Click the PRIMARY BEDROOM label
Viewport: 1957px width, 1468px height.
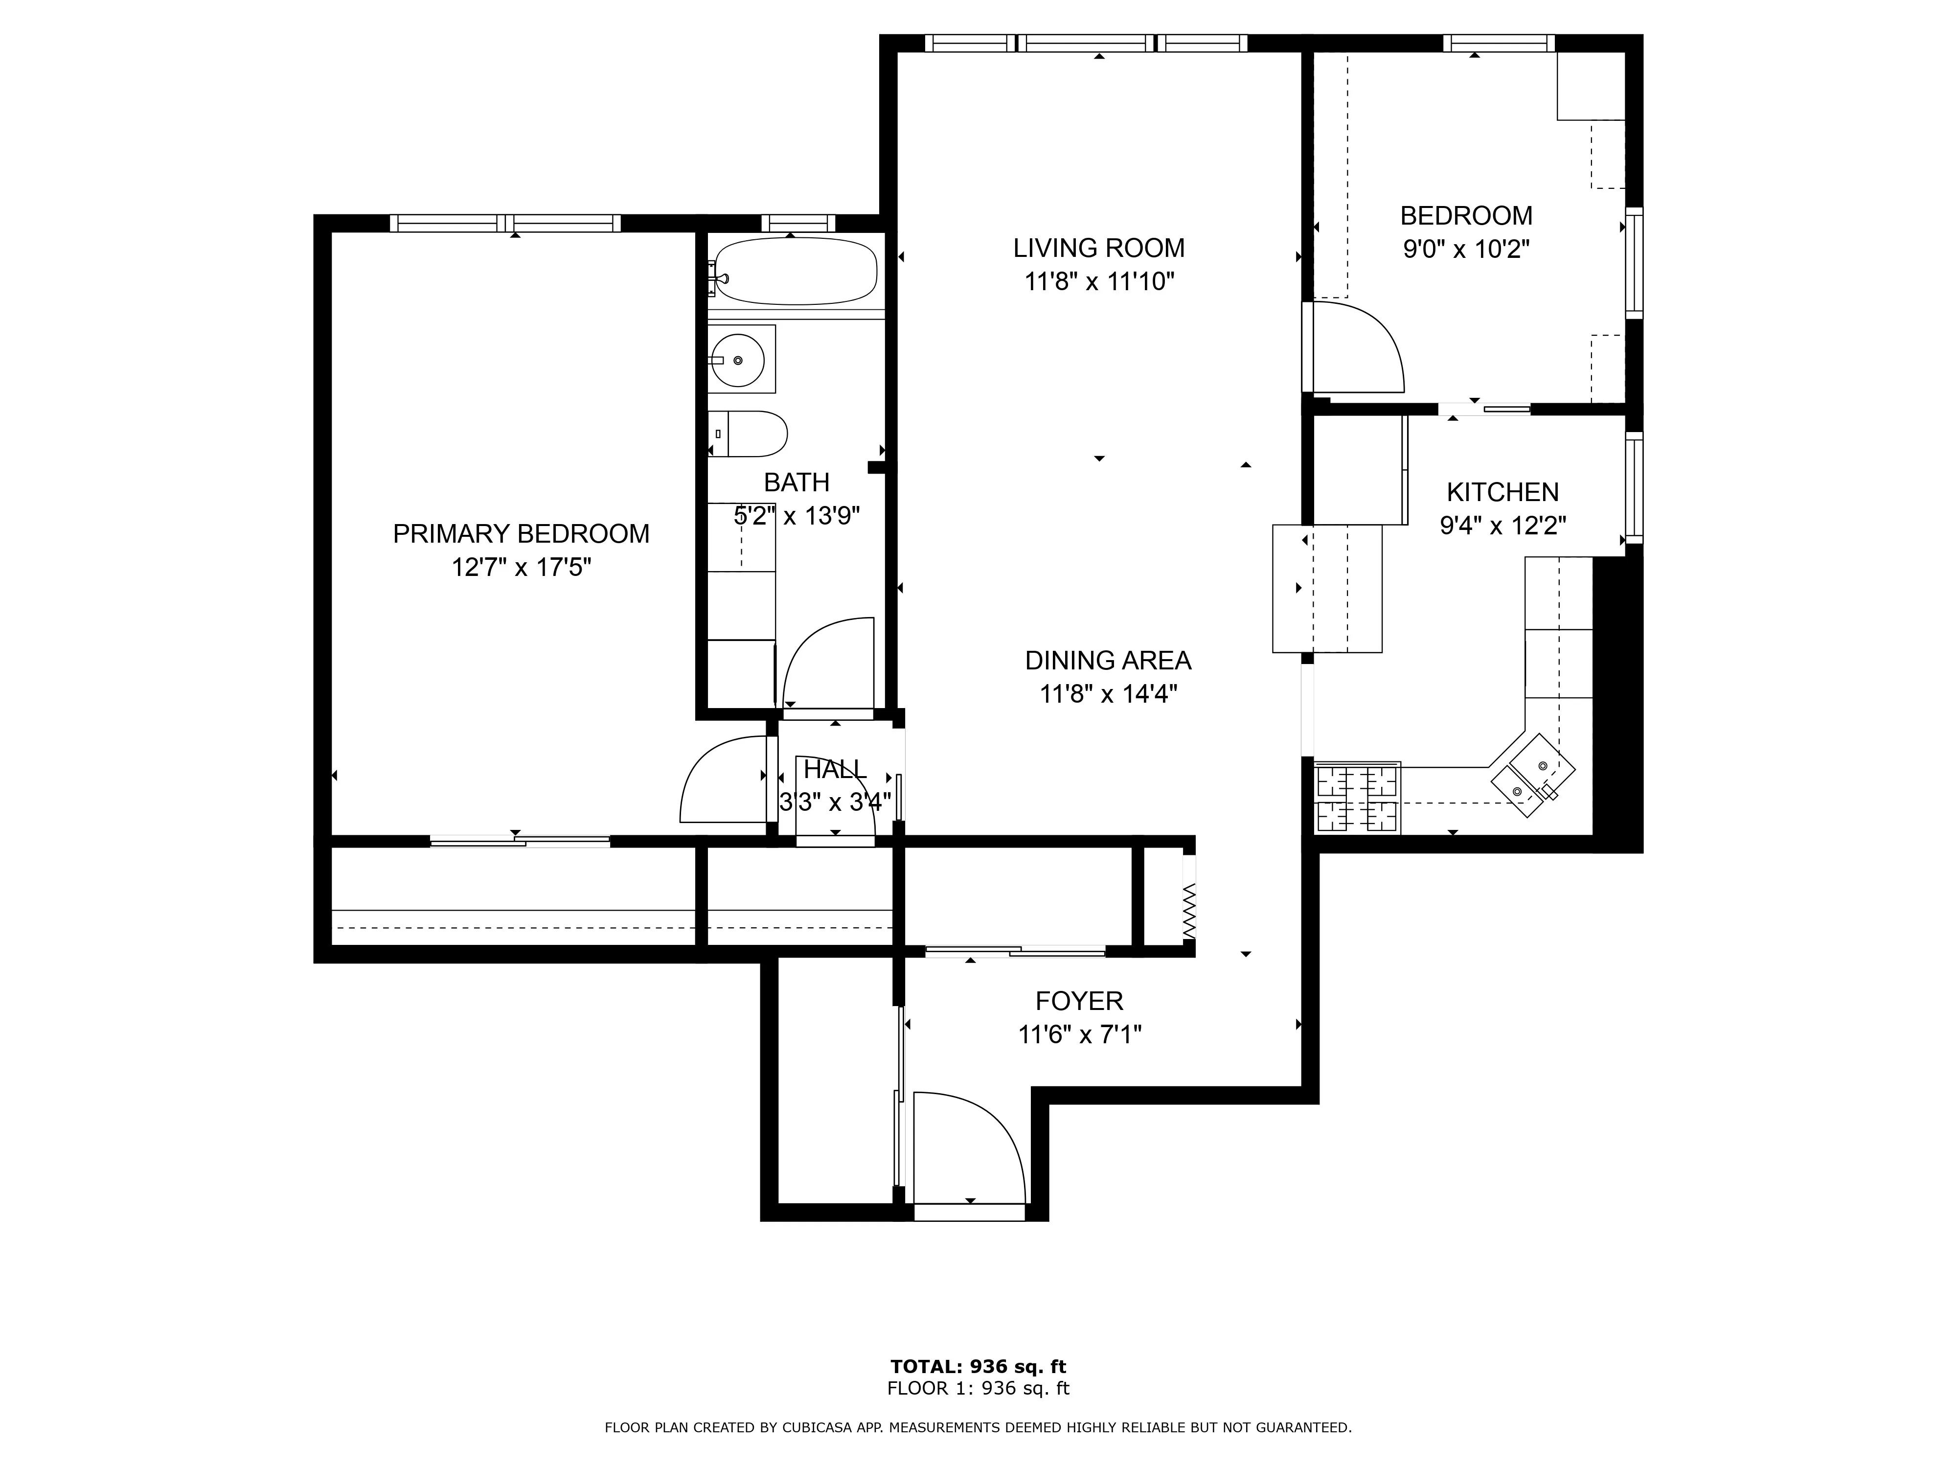coord(521,533)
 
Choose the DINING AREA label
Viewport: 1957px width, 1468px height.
coord(1108,660)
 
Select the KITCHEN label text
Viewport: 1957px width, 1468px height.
coord(1502,492)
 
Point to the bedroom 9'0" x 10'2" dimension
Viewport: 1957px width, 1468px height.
coord(1466,250)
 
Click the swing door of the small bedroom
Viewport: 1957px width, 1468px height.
coord(1358,349)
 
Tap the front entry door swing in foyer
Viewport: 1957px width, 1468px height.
coord(969,1147)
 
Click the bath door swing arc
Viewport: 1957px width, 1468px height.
coord(827,664)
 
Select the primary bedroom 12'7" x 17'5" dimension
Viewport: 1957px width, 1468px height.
coord(521,567)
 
